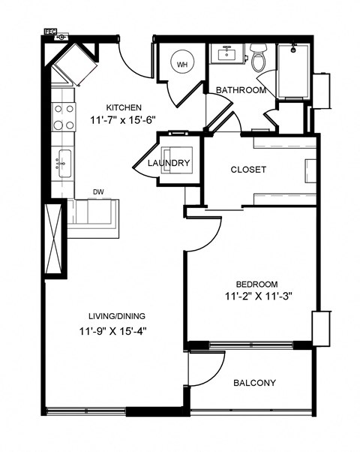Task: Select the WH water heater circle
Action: [182, 64]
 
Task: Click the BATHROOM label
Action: [241, 90]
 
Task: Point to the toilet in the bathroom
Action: [259, 59]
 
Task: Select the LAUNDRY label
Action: [169, 163]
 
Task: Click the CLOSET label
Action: [248, 170]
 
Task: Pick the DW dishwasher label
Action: [98, 192]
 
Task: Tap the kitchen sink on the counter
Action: [63, 161]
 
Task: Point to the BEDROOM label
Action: [257, 284]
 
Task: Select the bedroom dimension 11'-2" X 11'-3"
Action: [257, 296]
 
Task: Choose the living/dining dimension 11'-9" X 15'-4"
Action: [117, 330]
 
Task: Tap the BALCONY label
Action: [254, 383]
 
